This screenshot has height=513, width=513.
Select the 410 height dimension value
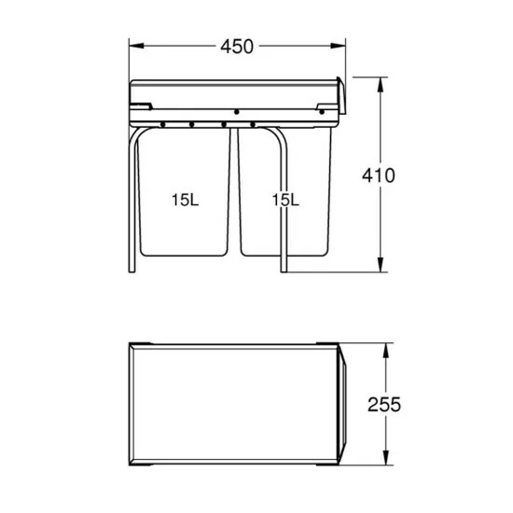(x=380, y=174)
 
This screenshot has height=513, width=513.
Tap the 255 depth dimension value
(x=383, y=405)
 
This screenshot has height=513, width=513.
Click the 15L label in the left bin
(x=183, y=200)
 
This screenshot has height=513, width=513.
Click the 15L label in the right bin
(x=284, y=200)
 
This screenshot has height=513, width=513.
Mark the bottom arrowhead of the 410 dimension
(x=380, y=269)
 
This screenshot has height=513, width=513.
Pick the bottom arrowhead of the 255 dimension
(x=384, y=462)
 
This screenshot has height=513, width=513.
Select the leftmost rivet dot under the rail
(x=164, y=123)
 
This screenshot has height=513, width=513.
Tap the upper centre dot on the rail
(x=237, y=112)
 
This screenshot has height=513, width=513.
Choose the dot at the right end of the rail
(x=323, y=112)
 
